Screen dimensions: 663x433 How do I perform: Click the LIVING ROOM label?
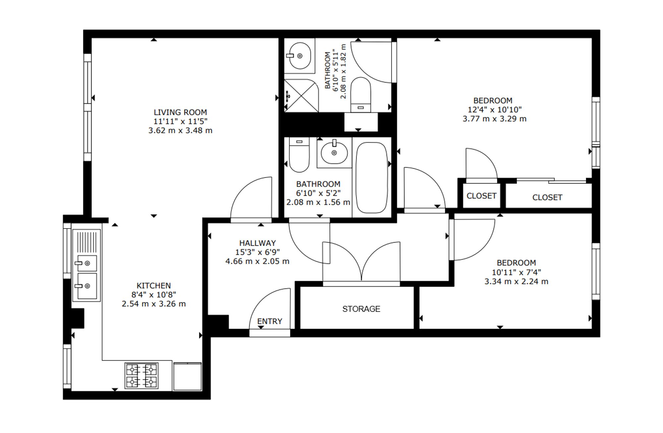(180, 112)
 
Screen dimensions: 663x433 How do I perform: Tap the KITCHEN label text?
(154, 286)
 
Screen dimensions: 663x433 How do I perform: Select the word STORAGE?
(361, 309)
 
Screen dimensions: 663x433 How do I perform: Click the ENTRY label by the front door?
(270, 321)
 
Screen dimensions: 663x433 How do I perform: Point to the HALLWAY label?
(258, 243)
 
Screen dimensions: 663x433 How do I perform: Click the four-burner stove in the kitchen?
(142, 376)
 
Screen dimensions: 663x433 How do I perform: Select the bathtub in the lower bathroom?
(372, 178)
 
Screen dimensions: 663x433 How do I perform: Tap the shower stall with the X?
(301, 95)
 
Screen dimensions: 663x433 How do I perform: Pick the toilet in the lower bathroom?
(299, 155)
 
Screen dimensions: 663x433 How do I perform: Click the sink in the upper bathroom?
(299, 56)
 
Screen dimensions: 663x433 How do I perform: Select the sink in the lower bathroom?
(334, 152)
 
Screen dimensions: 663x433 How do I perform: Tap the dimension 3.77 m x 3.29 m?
(494, 119)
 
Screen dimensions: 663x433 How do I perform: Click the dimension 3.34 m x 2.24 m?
(516, 281)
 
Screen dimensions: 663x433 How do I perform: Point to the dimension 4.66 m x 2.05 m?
(257, 261)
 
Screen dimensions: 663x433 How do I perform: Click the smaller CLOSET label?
(481, 196)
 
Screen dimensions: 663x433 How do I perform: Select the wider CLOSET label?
(547, 197)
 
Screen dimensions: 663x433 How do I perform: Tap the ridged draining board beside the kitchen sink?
(88, 242)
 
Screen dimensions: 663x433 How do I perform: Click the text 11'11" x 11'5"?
(180, 121)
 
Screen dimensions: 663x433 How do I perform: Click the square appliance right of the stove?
(187, 376)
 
